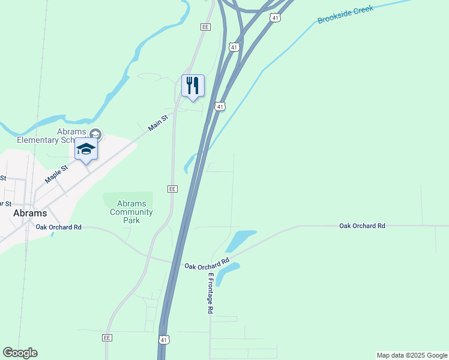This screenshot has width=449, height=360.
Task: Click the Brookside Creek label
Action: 345,14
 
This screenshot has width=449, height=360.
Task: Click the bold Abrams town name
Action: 30,213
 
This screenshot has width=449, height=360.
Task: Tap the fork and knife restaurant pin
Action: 193,86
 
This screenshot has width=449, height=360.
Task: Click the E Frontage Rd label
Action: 211,293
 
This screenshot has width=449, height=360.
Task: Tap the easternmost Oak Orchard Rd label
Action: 362,226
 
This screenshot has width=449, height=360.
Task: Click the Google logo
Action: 20,353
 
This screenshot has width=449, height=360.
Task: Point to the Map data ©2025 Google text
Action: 412,355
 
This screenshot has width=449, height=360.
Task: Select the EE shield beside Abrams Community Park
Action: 172,188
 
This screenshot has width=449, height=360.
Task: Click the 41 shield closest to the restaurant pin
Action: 221,107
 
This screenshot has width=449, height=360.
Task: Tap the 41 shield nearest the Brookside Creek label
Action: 275,18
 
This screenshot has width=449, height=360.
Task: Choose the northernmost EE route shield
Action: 205,27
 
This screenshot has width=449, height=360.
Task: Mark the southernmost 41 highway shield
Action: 164,340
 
